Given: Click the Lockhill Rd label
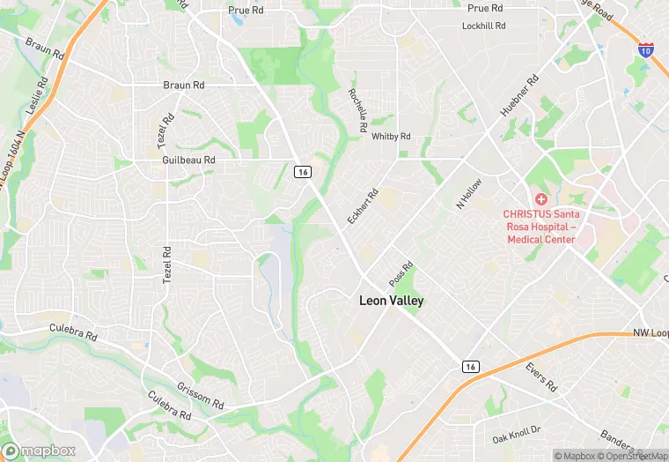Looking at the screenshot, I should click(483, 26).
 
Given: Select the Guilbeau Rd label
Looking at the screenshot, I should click(188, 160).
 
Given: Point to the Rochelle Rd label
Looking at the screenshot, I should click(357, 111).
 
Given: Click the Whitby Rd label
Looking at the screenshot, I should click(391, 137).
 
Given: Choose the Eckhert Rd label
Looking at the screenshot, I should click(362, 205).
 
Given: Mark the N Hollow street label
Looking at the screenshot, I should click(469, 192).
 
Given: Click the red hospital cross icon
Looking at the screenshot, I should click(539, 198).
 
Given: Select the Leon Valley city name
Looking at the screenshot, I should click(391, 301).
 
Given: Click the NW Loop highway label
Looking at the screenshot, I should click(650, 334).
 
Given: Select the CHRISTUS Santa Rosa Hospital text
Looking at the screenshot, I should click(539, 227).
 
